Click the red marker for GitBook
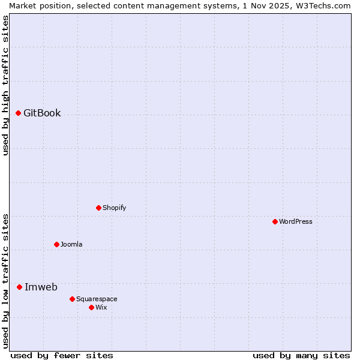(x=18, y=113)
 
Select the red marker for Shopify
(x=98, y=208)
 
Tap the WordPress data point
(x=275, y=221)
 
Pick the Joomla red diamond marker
(x=56, y=244)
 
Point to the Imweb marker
(x=19, y=287)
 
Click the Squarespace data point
(x=72, y=299)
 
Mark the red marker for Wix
(x=91, y=307)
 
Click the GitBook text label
(x=42, y=113)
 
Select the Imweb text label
(x=41, y=287)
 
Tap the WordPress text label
(x=296, y=221)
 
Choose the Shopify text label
(x=114, y=208)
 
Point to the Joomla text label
(x=71, y=244)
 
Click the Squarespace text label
(x=97, y=299)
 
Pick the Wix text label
(x=101, y=307)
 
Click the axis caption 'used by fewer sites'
(x=62, y=355)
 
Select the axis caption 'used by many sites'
(x=301, y=355)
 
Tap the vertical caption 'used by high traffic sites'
(x=5, y=85)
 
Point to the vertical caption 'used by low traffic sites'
(x=5, y=281)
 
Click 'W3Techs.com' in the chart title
(x=321, y=5)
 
